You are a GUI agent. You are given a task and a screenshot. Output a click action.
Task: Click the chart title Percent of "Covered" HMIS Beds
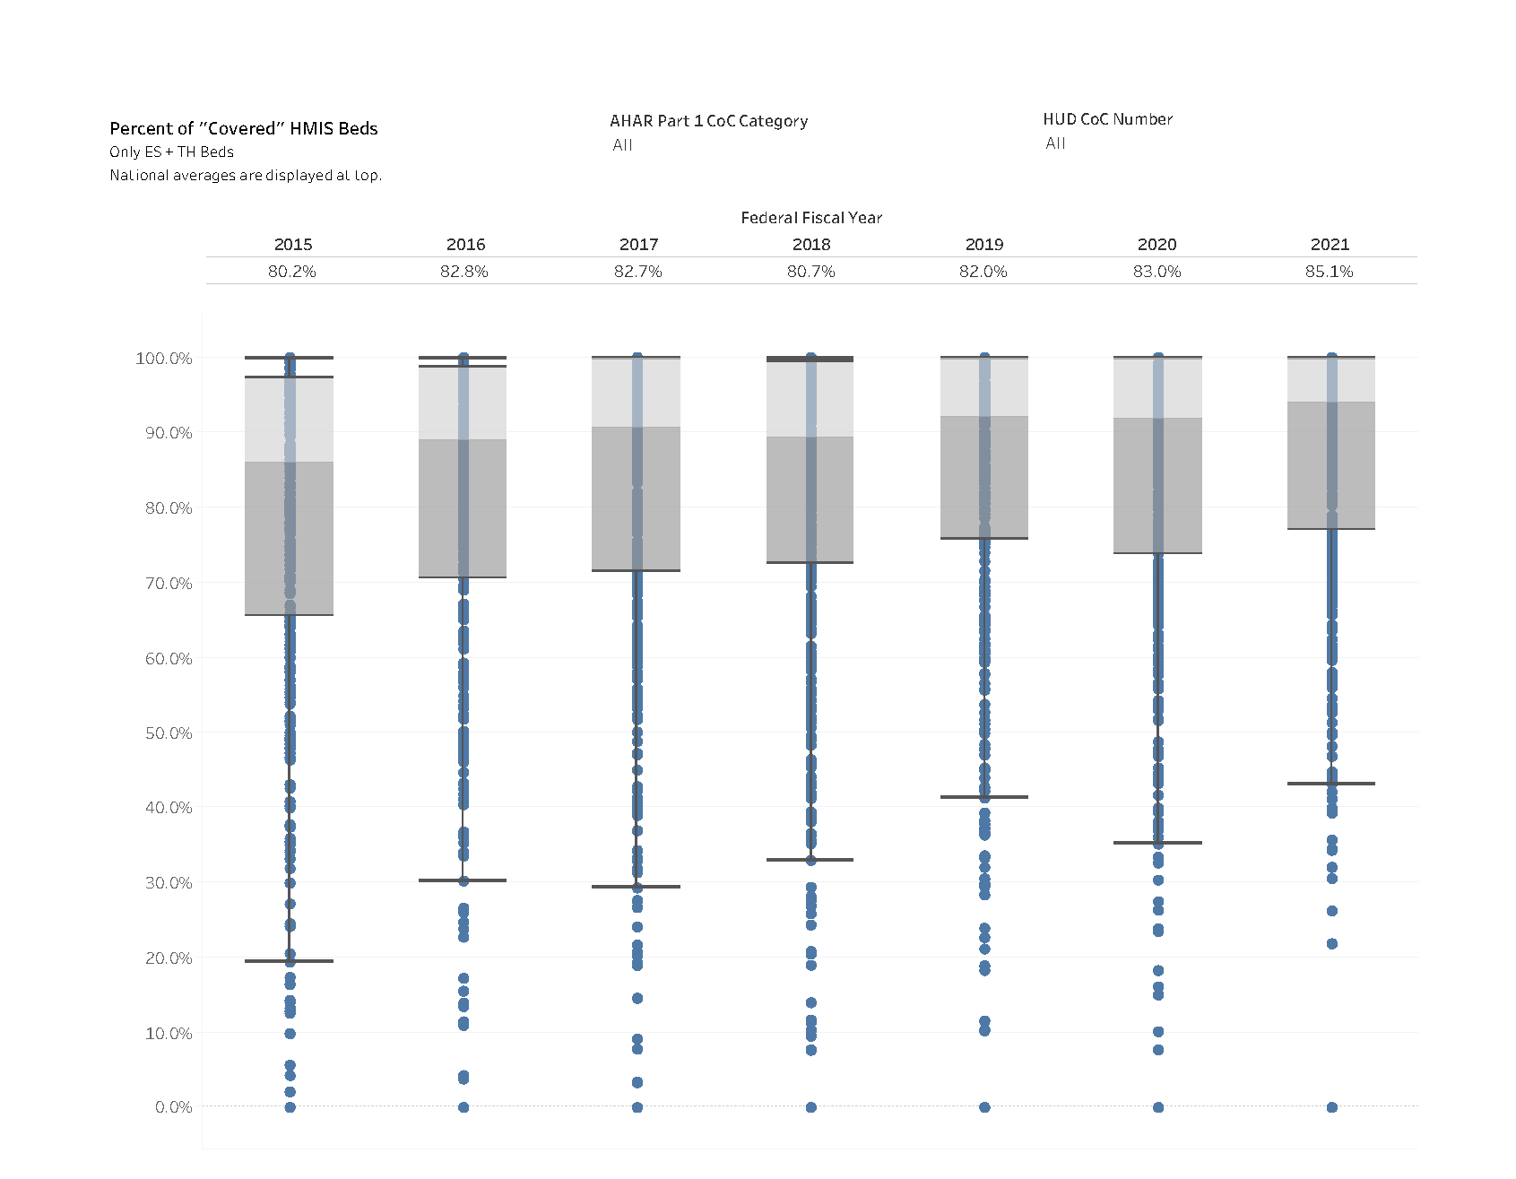pyautogui.click(x=243, y=128)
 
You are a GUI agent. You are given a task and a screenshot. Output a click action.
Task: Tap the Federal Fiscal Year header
pyautogui.click(x=811, y=218)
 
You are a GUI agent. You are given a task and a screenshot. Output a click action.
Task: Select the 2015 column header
pyautogui.click(x=293, y=245)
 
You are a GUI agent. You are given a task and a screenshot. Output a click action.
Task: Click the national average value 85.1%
pyautogui.click(x=1329, y=272)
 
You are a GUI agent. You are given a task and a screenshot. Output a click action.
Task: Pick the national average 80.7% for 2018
pyautogui.click(x=810, y=272)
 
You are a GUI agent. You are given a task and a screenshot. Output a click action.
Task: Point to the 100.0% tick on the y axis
pyautogui.click(x=164, y=359)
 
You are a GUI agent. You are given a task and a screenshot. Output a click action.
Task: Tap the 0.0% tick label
pyautogui.click(x=173, y=1107)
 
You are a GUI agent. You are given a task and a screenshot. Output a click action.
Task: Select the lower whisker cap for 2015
pyautogui.click(x=289, y=961)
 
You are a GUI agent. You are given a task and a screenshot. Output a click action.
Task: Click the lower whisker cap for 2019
pyautogui.click(x=983, y=797)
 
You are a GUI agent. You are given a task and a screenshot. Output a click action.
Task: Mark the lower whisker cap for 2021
pyautogui.click(x=1330, y=784)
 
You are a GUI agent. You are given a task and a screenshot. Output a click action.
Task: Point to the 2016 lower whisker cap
pyautogui.click(x=463, y=880)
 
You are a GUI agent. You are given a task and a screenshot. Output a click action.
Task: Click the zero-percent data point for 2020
pyautogui.click(x=1158, y=1107)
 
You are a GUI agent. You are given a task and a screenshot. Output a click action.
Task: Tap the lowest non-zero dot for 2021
pyautogui.click(x=1332, y=944)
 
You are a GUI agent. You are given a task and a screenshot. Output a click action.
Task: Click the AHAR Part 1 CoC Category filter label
pyautogui.click(x=708, y=121)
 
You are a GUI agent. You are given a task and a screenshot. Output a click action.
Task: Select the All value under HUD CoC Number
pyautogui.click(x=1055, y=143)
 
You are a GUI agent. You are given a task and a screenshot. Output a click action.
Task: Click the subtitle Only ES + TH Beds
pyautogui.click(x=171, y=152)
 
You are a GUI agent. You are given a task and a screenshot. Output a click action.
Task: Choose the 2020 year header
pyautogui.click(x=1156, y=245)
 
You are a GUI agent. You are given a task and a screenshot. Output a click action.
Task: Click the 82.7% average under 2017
pyautogui.click(x=637, y=272)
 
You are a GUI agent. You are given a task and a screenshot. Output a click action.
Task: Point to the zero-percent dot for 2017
pyautogui.click(x=637, y=1107)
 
